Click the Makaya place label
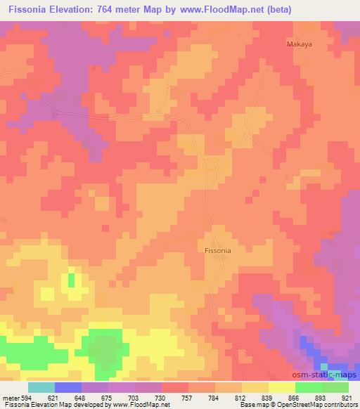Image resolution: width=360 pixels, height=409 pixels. pyautogui.click(x=299, y=44)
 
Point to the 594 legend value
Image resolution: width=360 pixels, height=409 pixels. pyautogui.click(x=26, y=398)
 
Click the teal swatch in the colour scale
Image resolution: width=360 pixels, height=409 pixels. pyautogui.click(x=41, y=387)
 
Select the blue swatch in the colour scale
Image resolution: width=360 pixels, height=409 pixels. pyautogui.click(x=68, y=387)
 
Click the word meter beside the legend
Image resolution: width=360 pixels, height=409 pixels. pyautogui.click(x=11, y=398)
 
